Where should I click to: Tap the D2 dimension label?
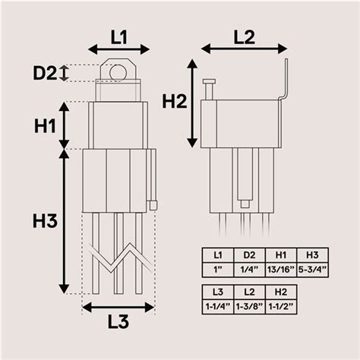pos(45,74)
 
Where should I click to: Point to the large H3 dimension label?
pos(46,221)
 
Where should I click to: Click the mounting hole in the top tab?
pos(118,73)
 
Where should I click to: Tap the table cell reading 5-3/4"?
pos(311,269)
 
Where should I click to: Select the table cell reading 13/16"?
pos(281,269)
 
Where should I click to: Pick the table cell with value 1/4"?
pos(249,269)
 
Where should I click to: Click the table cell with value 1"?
pos(218,269)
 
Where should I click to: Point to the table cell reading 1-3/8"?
pos(249,305)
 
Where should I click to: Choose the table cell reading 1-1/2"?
pos(281,305)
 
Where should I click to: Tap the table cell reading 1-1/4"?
pos(218,305)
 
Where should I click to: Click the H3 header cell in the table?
pos(311,254)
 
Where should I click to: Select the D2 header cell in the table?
pos(249,254)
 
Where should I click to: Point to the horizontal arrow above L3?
pos(118,307)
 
